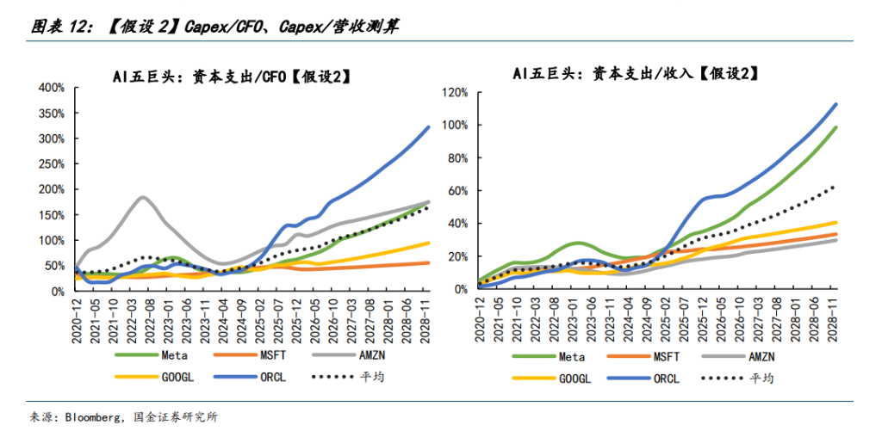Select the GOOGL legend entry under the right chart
pos(575,378)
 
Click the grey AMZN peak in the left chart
pos(142,198)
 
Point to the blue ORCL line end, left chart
pos(429,127)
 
